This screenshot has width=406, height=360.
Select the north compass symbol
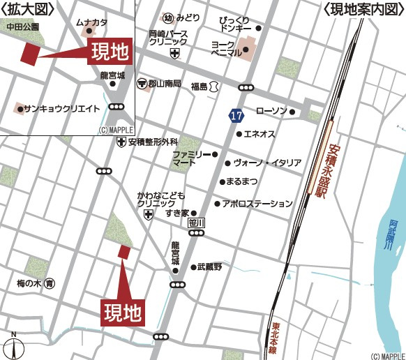point(13,345)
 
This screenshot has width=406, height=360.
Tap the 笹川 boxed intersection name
point(198,223)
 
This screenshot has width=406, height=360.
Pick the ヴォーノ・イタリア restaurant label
point(266,163)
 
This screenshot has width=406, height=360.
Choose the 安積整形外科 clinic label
point(153,142)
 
